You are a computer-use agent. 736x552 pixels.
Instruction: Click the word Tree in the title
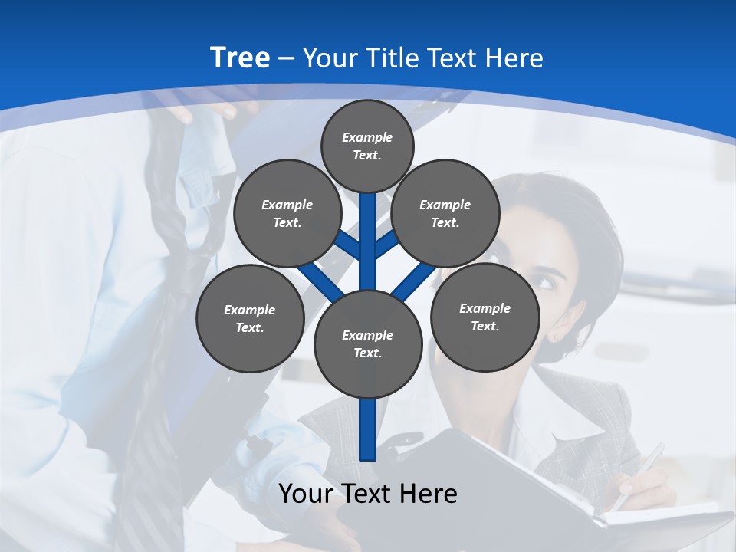click(240, 58)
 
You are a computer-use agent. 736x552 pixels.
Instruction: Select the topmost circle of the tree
click(367, 146)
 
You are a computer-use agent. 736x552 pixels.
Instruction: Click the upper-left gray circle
click(287, 213)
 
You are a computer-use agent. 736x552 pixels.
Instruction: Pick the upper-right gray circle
click(445, 213)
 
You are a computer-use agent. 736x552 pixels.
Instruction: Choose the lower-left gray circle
click(249, 318)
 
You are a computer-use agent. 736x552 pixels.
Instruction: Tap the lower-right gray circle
click(485, 317)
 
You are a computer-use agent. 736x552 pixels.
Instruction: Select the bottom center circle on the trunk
click(367, 343)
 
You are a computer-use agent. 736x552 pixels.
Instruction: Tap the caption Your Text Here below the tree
click(367, 494)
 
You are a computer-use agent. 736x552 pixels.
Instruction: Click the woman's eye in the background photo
click(546, 281)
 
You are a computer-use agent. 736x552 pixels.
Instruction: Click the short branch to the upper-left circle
click(349, 245)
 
